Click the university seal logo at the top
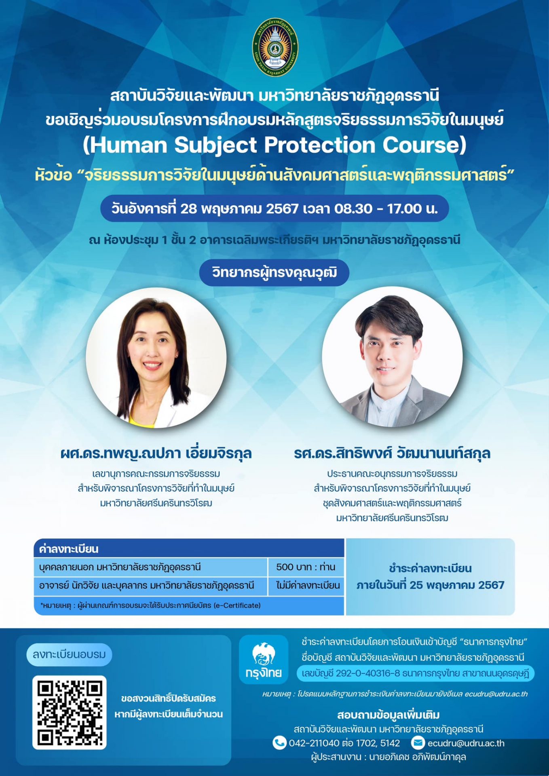pos(275,46)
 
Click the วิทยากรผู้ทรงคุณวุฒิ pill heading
pos(274,272)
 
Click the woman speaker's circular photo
pos(156,357)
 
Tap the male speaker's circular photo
pos(392,356)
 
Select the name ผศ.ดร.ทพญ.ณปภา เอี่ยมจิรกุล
pos(156,453)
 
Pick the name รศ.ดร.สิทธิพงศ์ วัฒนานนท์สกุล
pos(392,453)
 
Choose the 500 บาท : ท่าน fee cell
pos(306,567)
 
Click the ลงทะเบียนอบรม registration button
pos(69,654)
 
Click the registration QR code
pos(70,712)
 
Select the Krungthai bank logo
pos(264,660)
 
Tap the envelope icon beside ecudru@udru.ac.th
pos(418,743)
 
